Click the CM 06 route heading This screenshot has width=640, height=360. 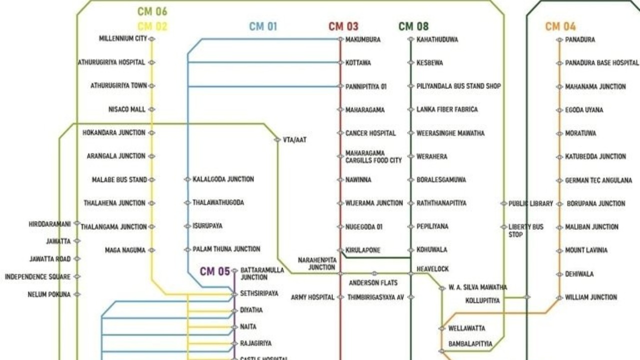(152, 11)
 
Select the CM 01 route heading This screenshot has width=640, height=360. (263, 26)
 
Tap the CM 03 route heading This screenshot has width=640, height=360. (343, 26)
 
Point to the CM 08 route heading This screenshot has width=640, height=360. (413, 26)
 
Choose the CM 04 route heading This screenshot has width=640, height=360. (560, 26)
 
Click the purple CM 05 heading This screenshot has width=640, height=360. (215, 271)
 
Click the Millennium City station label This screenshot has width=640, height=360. (123, 38)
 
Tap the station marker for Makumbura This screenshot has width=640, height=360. (340, 39)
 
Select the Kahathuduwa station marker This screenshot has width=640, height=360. (411, 39)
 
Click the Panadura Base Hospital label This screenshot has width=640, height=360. (602, 62)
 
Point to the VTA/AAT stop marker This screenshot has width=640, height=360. (277, 139)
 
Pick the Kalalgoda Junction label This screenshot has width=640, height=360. (223, 179)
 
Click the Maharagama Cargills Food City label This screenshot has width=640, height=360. (373, 157)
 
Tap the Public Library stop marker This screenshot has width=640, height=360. (503, 203)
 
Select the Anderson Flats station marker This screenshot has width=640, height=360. (374, 273)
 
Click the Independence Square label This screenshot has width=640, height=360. (37, 276)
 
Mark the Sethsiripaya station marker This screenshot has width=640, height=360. (234, 294)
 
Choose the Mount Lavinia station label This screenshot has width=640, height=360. (586, 250)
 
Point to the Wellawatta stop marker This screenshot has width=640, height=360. (442, 328)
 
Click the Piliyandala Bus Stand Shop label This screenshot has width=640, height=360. (458, 86)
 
